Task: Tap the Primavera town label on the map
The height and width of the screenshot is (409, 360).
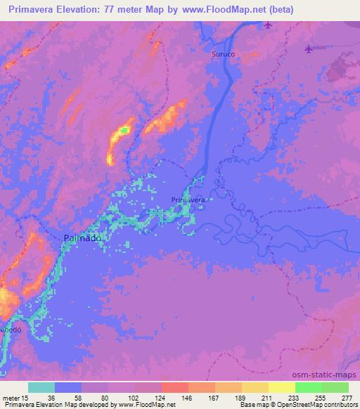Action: (x=188, y=200)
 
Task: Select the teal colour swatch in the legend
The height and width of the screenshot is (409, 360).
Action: (x=41, y=387)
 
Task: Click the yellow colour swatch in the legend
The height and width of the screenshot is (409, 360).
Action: (x=281, y=387)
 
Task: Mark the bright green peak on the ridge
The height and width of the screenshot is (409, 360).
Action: (x=124, y=129)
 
